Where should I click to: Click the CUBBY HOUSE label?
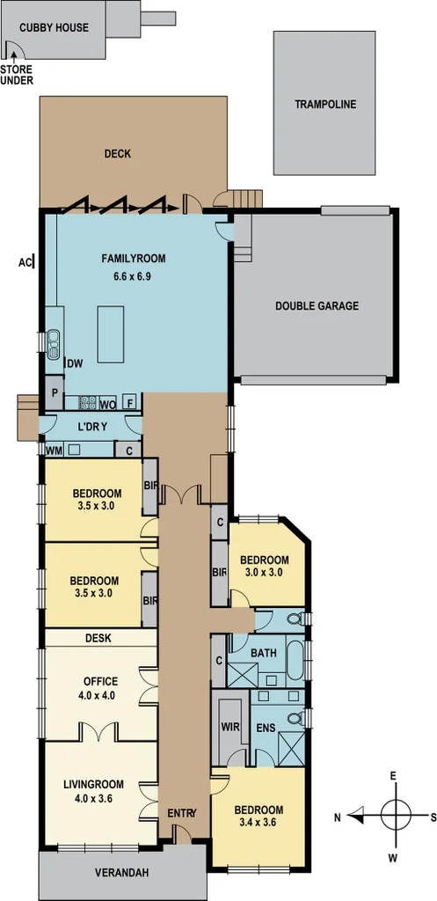(x=55, y=27)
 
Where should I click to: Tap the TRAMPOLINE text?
(x=325, y=104)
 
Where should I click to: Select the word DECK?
(x=117, y=154)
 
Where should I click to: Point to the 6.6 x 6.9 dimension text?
(x=133, y=276)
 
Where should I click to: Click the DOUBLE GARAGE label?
(x=317, y=306)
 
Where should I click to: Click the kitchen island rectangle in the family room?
(x=111, y=333)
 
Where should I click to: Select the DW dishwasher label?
(x=75, y=363)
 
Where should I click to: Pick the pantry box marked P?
(x=55, y=393)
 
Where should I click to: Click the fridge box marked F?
(x=130, y=403)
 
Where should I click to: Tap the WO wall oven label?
(x=108, y=405)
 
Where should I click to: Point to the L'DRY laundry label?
(x=92, y=427)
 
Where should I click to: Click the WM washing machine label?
(x=54, y=450)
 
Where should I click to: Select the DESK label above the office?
(x=98, y=637)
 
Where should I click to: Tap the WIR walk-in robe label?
(x=230, y=727)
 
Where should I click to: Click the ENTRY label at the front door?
(x=181, y=813)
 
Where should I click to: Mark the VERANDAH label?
(x=122, y=874)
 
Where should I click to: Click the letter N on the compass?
(x=338, y=816)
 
